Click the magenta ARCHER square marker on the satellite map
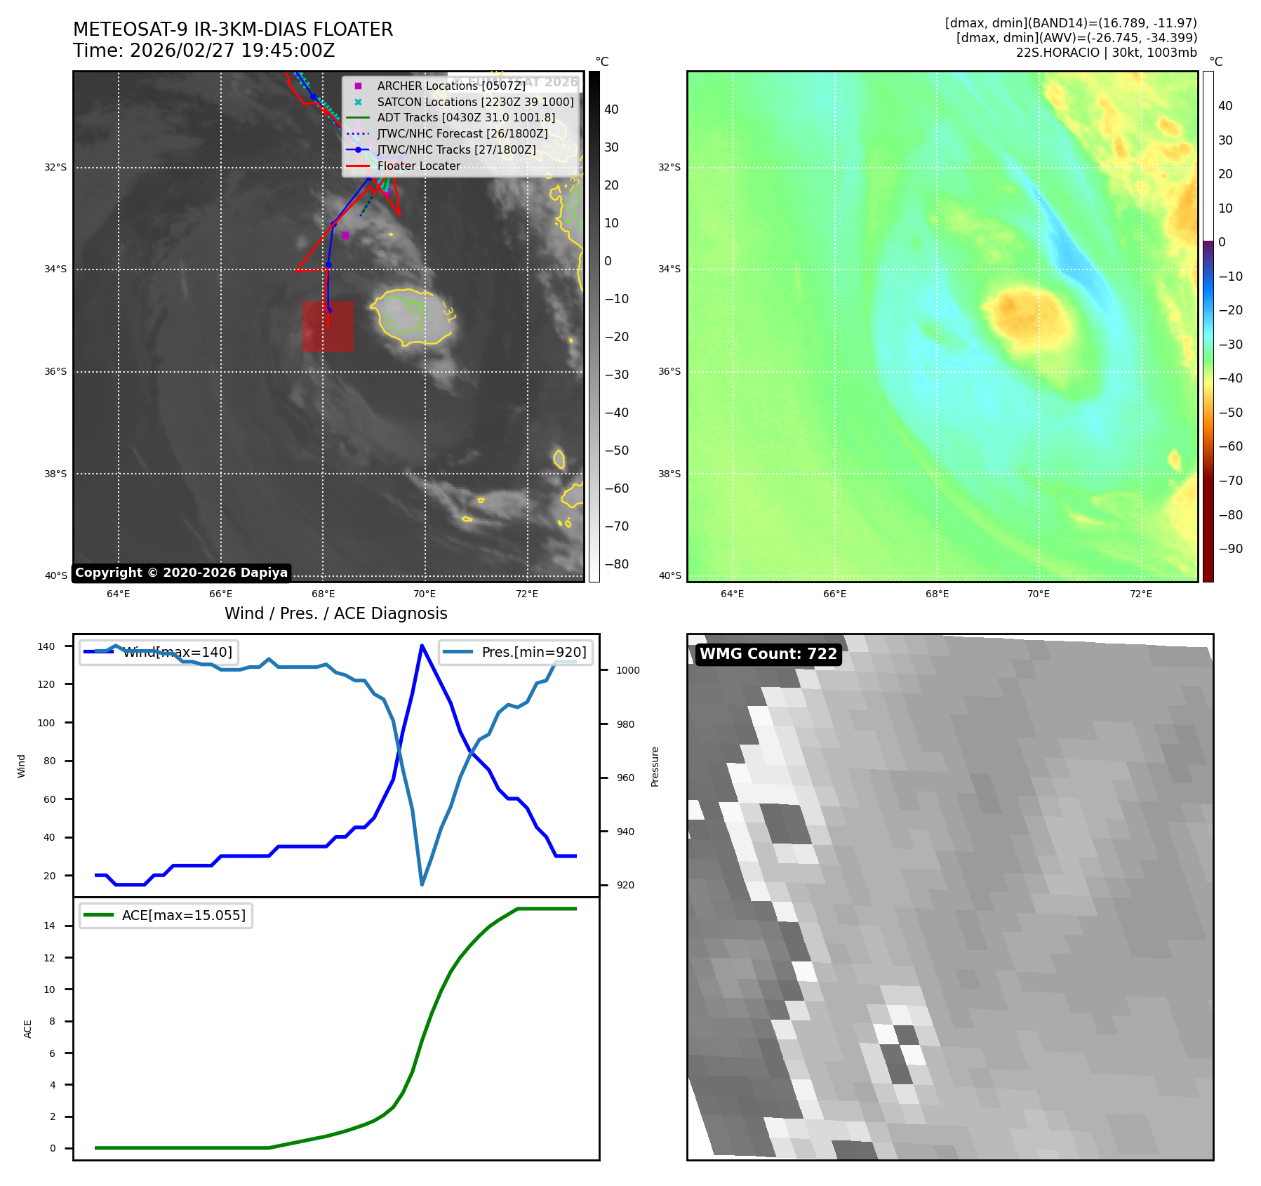(345, 236)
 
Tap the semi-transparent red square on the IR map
(328, 326)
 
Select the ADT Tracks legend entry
(466, 118)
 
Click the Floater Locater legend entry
(418, 166)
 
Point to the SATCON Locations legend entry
(475, 102)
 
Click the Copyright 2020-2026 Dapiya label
(181, 573)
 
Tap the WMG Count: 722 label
(768, 654)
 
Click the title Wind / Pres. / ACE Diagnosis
(335, 613)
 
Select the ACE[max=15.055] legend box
(166, 915)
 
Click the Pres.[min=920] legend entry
(516, 652)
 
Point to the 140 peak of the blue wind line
(422, 646)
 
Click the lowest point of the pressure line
(422, 884)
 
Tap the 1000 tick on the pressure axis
(627, 670)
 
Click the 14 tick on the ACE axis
(50, 926)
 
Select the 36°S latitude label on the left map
(55, 371)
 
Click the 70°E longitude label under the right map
(1039, 594)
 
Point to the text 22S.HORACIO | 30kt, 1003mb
(1106, 53)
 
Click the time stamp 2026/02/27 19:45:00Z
(232, 51)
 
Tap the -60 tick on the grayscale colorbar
(617, 488)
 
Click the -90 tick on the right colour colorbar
(1230, 549)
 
